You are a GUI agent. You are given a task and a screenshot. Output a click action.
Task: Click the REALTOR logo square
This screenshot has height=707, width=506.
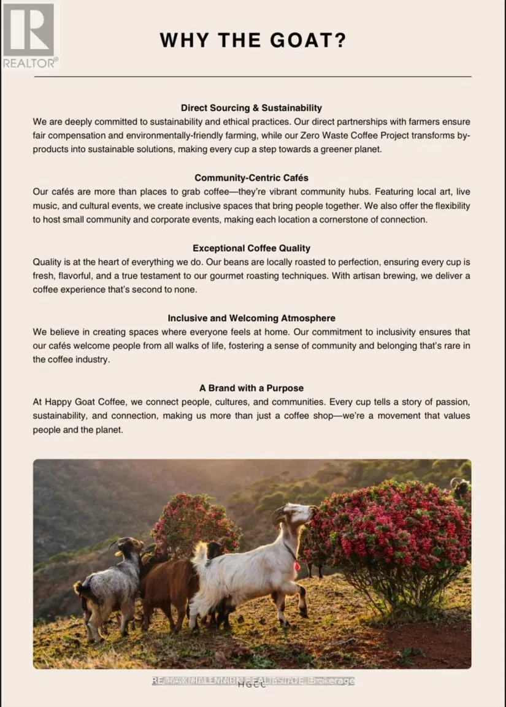click(29, 29)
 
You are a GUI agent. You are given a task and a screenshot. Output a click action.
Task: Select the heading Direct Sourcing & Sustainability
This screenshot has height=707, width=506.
click(251, 108)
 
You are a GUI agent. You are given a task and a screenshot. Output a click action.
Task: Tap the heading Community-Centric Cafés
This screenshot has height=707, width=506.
click(251, 178)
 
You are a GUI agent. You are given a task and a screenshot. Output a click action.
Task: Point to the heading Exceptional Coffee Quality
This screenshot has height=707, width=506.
click(251, 248)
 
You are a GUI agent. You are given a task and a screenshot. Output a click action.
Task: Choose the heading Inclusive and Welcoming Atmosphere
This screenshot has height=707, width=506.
click(251, 318)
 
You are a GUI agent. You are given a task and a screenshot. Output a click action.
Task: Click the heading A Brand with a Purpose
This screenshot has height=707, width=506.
click(251, 388)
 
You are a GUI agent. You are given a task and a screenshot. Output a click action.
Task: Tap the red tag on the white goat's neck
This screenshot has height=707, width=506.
click(297, 566)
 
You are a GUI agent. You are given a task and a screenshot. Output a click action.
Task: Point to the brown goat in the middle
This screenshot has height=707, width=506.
click(172, 583)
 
